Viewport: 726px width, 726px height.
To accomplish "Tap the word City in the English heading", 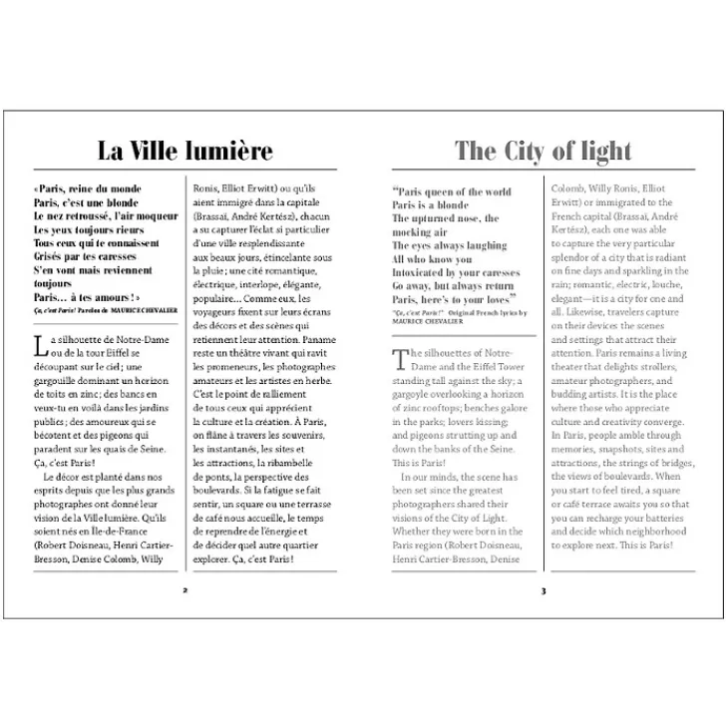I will (x=529, y=151).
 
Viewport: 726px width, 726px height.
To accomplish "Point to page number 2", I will (x=184, y=590).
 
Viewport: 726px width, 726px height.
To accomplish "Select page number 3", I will (x=543, y=590).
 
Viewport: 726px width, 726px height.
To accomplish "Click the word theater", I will (x=572, y=367).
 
